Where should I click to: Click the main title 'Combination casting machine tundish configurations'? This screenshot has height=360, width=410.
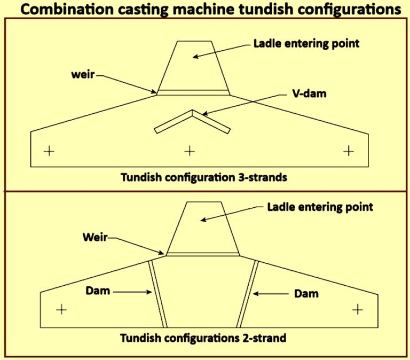tap(204, 9)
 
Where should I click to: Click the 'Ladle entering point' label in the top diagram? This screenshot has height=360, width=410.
tap(306, 44)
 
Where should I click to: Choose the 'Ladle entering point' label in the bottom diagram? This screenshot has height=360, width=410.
tap(320, 206)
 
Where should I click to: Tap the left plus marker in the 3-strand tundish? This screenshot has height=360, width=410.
tap(49, 151)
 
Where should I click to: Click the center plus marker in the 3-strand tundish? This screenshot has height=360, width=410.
tap(190, 151)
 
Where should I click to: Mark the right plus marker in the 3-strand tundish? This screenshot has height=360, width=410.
tap(348, 151)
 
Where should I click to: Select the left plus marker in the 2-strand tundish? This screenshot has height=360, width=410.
tap(61, 309)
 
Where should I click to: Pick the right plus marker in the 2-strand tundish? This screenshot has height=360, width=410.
tap(357, 309)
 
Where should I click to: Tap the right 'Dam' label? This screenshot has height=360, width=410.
tap(306, 293)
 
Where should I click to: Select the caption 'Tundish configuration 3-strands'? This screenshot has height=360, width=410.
tap(203, 177)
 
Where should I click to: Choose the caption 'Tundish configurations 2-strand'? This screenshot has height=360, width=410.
tap(203, 338)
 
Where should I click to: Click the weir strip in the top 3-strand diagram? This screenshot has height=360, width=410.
tap(193, 92)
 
